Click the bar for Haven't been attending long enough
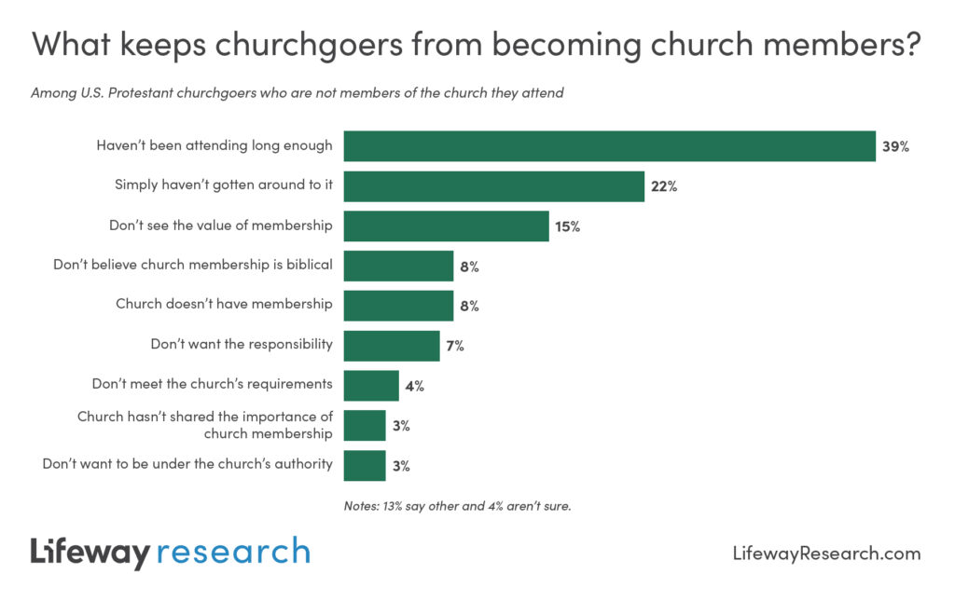[609, 146]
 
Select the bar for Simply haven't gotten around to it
[493, 185]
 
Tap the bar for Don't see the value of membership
[446, 226]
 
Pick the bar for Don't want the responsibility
[391, 345]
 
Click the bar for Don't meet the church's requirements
[370, 385]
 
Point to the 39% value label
[895, 146]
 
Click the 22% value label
[664, 186]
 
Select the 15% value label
[568, 226]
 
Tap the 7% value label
[454, 346]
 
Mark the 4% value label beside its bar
[413, 386]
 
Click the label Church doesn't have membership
[224, 304]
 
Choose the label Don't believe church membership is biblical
[193, 265]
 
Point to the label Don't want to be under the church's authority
[187, 463]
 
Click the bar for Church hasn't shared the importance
[364, 425]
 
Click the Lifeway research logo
[170, 552]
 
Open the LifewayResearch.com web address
[825, 554]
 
